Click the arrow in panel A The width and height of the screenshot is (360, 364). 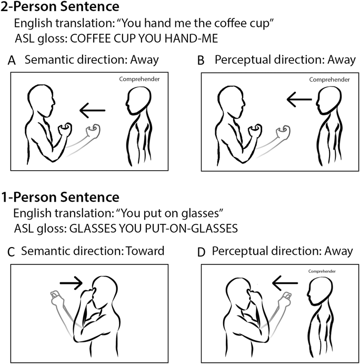(x=92, y=110)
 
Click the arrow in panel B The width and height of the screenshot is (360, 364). (x=299, y=100)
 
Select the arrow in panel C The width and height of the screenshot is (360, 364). (x=71, y=283)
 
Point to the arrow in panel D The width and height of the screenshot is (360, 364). (x=285, y=283)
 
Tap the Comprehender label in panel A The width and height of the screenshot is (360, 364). (x=139, y=80)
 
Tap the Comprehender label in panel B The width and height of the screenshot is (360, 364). (x=329, y=80)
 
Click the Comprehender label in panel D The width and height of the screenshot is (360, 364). (x=322, y=271)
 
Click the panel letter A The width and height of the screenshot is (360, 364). (x=12, y=61)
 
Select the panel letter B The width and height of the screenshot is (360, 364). (x=201, y=61)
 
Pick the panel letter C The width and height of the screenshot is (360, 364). (x=11, y=252)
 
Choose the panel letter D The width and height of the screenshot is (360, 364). (x=202, y=252)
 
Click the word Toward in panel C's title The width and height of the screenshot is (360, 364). (x=145, y=251)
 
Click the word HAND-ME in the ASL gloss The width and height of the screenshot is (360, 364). (x=191, y=38)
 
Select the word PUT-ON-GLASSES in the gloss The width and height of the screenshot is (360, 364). (x=192, y=229)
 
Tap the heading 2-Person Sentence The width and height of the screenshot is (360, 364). (x=60, y=6)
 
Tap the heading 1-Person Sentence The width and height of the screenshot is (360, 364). (x=60, y=198)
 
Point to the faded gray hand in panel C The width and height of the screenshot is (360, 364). (x=56, y=297)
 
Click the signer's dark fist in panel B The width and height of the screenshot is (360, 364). (x=255, y=130)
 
